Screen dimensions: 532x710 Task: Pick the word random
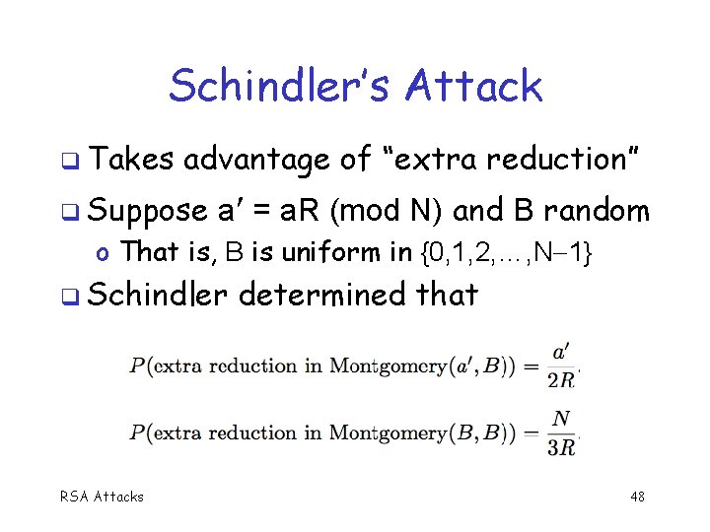(597, 210)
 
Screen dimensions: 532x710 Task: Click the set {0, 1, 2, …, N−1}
(506, 252)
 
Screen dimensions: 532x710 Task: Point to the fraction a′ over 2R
(561, 365)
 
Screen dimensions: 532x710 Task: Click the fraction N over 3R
(562, 432)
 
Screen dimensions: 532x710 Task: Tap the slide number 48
(638, 497)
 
